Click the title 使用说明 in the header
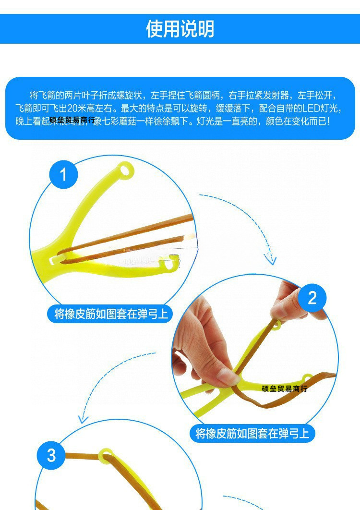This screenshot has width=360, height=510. point(180,29)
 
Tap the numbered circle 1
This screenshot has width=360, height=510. point(64,174)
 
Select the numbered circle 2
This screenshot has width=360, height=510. point(312,298)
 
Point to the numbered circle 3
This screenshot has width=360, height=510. point(51,455)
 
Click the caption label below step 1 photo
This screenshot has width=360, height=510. point(111,314)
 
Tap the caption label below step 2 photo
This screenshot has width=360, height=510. point(252,434)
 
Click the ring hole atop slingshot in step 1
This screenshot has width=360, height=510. point(126,170)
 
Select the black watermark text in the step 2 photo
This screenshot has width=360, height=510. point(284,389)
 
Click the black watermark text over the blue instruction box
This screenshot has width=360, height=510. point(72,120)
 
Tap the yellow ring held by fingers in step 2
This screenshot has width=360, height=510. point(275,326)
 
